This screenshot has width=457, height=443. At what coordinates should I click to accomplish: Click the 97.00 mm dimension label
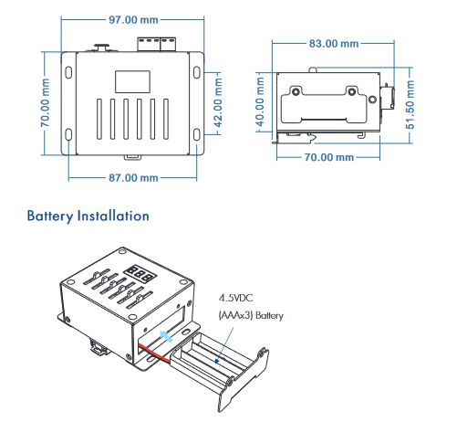[x=133, y=20]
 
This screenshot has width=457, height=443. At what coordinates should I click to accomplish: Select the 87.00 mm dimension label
[x=133, y=178]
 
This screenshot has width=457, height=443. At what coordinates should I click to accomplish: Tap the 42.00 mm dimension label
[x=218, y=102]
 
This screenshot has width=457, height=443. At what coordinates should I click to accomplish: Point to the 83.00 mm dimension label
[x=334, y=44]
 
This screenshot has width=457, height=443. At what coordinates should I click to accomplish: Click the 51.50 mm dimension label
[x=410, y=104]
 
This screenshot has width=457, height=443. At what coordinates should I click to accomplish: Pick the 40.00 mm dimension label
[x=260, y=101]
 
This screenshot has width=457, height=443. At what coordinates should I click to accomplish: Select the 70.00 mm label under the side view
[x=329, y=157]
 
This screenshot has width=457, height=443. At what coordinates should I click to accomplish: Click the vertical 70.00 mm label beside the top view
[x=45, y=102]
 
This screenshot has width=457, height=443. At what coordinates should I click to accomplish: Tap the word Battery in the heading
[x=50, y=216]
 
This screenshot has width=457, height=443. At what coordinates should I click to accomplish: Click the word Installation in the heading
[x=113, y=216]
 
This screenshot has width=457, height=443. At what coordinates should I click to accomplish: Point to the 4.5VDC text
[x=235, y=298]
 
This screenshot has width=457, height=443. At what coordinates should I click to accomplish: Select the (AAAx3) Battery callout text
[x=251, y=315]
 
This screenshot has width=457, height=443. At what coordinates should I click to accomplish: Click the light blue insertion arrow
[x=166, y=336]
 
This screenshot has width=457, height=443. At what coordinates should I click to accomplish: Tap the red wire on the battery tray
[x=154, y=353]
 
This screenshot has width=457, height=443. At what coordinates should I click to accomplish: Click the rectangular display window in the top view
[x=132, y=81]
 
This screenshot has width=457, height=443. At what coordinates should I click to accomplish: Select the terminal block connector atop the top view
[x=157, y=45]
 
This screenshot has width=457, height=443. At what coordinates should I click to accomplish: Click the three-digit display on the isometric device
[x=140, y=273]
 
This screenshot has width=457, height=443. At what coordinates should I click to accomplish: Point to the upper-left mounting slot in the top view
[x=68, y=72]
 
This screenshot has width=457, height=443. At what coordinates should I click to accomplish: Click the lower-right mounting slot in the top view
[x=197, y=134]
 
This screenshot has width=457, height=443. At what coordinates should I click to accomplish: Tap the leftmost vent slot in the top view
[x=99, y=120]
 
